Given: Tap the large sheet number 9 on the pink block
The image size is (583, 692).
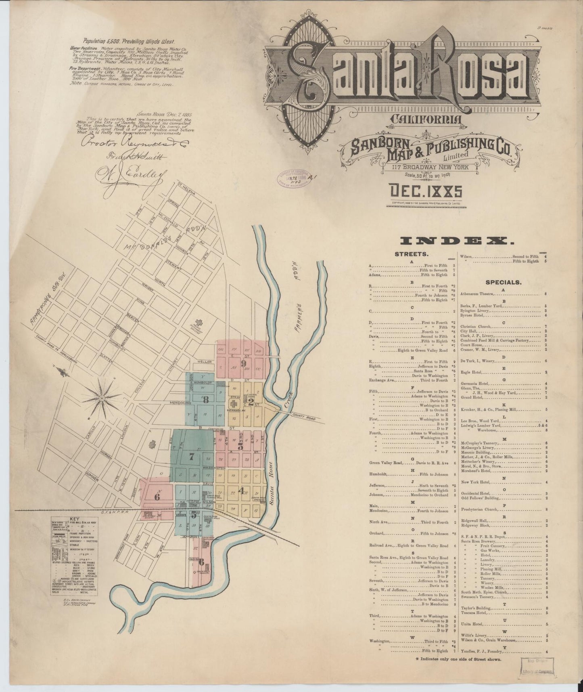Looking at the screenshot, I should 243,363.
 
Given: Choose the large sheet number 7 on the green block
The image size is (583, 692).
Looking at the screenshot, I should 192,457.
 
